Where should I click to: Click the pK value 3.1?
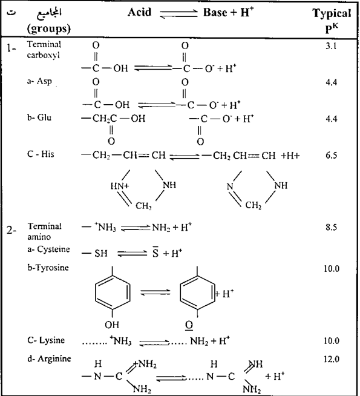331,46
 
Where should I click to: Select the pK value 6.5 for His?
331,155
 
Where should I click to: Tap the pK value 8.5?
331,227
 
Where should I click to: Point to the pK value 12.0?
332,359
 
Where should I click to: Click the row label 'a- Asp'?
39,82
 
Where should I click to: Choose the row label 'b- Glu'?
39,117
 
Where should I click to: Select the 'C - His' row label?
41,154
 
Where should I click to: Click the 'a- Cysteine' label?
48,249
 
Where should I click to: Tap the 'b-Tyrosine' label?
48,268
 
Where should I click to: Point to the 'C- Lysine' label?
46,340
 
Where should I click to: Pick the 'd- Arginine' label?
49,359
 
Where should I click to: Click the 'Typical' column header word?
332,14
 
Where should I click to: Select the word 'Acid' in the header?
139,12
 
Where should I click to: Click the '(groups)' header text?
48,29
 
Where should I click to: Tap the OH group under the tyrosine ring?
112,325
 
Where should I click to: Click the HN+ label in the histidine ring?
120,186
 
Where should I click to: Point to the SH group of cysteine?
101,253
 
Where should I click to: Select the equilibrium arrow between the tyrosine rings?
155,292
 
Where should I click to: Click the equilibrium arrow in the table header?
178,14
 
